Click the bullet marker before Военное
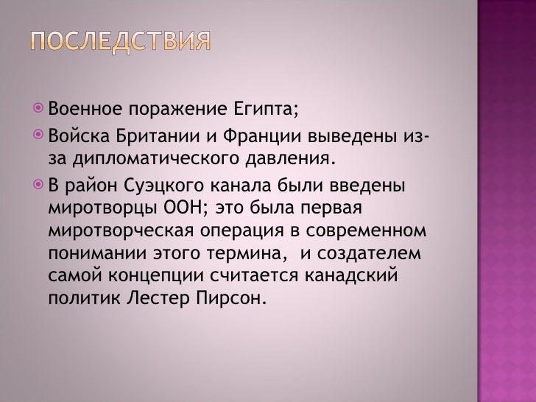(x=38, y=110)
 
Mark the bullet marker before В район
(x=38, y=185)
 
